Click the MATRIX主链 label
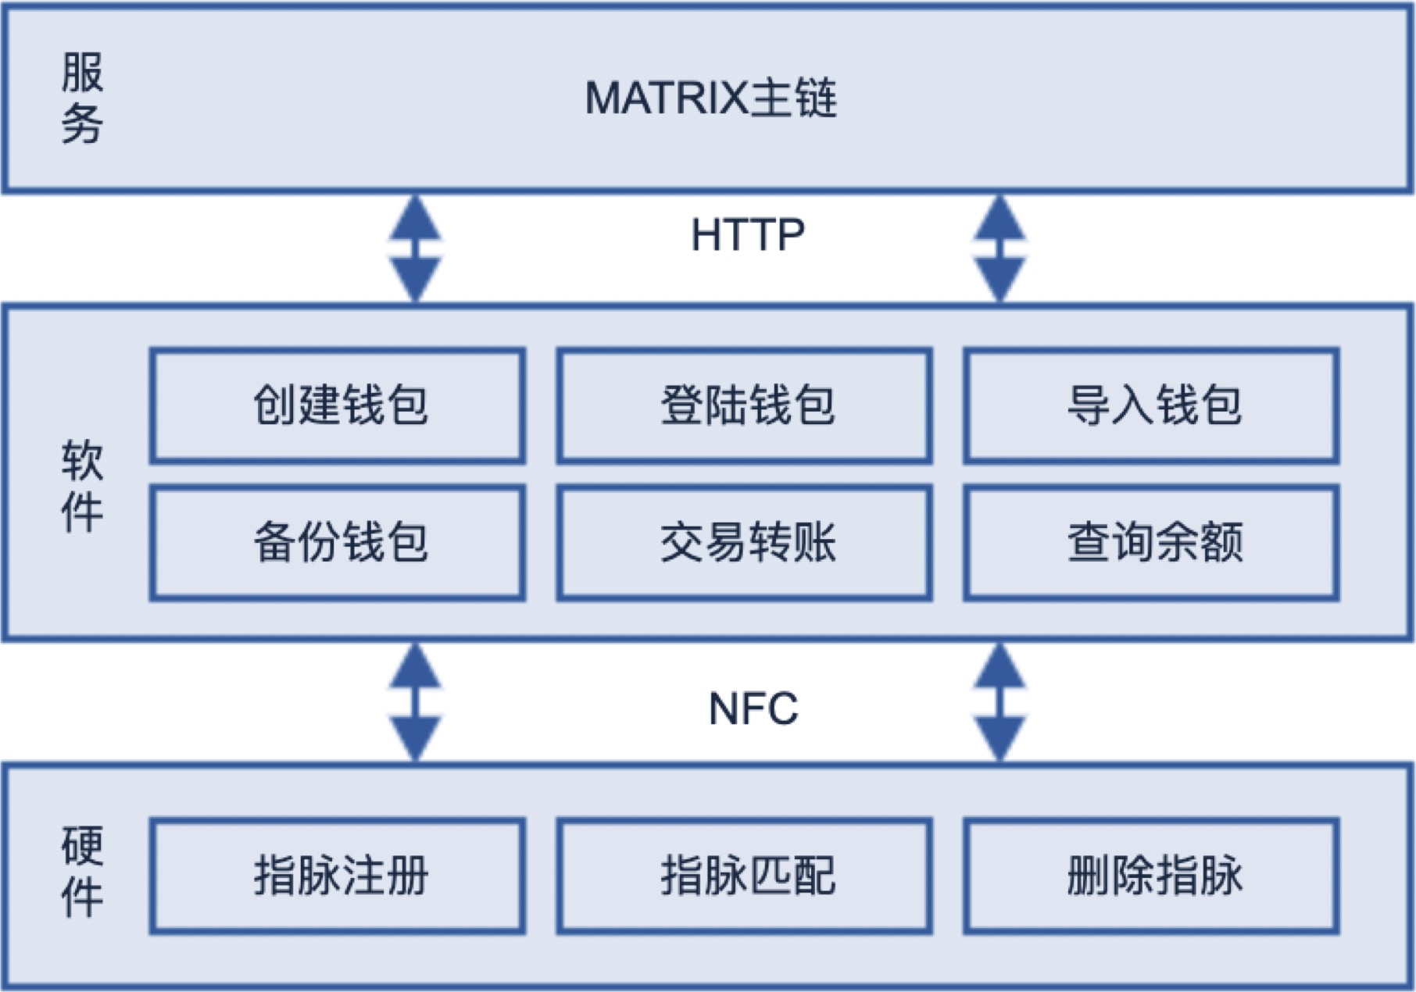711,98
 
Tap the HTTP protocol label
748,234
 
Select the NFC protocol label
753,708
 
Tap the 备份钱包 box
338,543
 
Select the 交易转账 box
745,543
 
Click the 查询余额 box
1152,543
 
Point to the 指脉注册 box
338,876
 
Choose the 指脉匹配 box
745,876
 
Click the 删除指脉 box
1152,876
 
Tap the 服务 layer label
82,98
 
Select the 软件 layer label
82,486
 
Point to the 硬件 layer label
82,871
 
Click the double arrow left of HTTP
416,248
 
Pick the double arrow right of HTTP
999,248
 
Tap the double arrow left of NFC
416,702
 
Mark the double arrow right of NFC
999,702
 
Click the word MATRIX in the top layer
667,98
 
